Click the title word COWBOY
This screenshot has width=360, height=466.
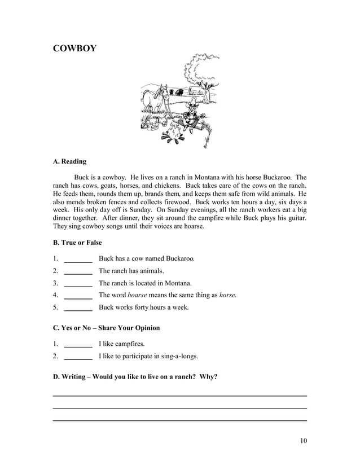tap(74, 49)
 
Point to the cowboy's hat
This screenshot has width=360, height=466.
tap(194, 101)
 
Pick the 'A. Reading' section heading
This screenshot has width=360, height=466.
tap(69, 161)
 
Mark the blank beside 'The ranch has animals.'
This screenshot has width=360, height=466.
tap(78, 273)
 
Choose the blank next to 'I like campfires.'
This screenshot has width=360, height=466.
tap(78, 345)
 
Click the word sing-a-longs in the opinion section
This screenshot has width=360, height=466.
tap(178, 357)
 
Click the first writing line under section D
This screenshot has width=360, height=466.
tap(179, 395)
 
